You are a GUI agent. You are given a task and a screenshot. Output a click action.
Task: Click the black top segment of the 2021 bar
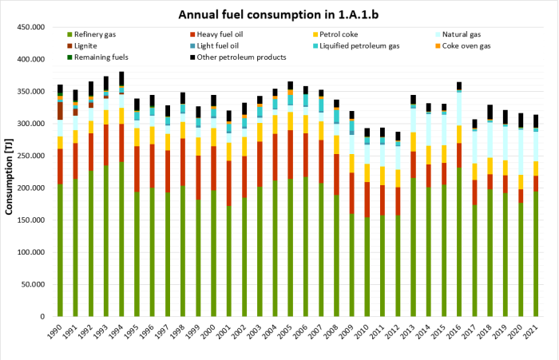(x=536, y=121)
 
